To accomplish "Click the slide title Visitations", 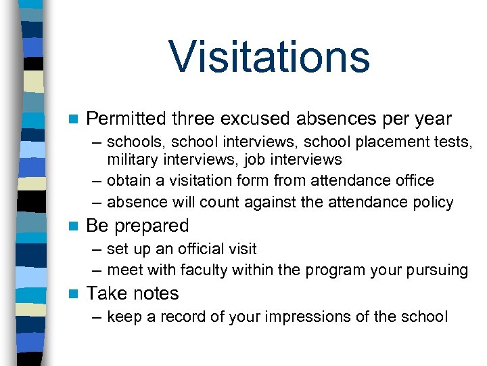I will (x=269, y=57).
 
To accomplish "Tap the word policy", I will (x=435, y=203).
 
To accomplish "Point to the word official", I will (x=204, y=249).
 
